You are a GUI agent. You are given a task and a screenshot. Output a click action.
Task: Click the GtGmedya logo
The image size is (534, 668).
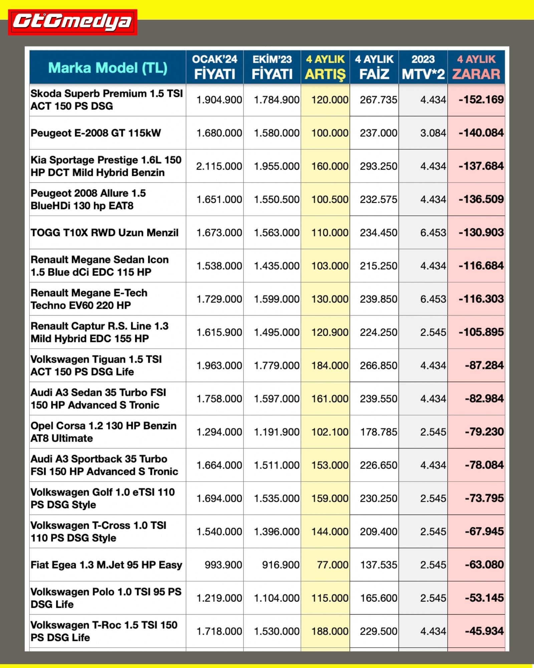click(72, 22)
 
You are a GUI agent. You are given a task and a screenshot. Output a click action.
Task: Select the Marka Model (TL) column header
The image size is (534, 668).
click(107, 68)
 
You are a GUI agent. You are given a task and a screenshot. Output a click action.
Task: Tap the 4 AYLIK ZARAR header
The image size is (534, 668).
click(476, 67)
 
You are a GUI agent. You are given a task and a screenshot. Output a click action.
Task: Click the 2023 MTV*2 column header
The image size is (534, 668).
click(423, 67)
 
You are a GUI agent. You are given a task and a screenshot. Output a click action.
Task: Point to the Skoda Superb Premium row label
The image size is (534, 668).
click(106, 100)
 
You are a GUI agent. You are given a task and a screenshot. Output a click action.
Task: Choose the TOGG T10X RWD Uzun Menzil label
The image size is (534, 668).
click(104, 232)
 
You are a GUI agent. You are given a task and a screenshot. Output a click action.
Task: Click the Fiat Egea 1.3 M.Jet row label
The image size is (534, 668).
click(106, 565)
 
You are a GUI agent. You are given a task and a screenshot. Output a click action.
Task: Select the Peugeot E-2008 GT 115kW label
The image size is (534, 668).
click(96, 133)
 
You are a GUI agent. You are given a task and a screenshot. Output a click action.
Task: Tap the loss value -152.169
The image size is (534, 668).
click(481, 100)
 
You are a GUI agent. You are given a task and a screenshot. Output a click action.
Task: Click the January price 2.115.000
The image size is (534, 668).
click(219, 166)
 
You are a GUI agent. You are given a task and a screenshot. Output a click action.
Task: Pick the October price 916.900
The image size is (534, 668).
click(281, 565)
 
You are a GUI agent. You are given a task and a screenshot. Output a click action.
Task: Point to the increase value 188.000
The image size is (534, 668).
click(330, 631)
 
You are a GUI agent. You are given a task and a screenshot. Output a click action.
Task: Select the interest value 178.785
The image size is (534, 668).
click(378, 432)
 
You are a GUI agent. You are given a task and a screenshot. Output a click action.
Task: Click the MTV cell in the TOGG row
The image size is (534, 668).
click(433, 232)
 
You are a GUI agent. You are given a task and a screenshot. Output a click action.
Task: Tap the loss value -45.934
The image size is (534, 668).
click(484, 631)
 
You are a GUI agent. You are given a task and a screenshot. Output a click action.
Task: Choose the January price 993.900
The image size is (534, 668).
click(223, 565)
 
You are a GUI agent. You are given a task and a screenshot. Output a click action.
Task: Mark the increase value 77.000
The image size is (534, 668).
click(332, 565)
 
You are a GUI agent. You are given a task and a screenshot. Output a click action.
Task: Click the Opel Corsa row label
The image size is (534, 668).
click(103, 432)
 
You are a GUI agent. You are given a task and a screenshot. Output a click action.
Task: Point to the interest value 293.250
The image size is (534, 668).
click(378, 166)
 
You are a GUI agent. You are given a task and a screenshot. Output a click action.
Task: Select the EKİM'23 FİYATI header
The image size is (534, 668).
click(272, 67)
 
